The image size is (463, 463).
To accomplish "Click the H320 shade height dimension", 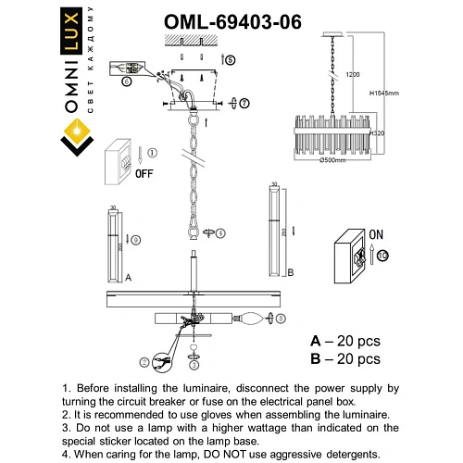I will click(x=376, y=134).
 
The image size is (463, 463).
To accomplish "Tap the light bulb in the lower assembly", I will click(x=251, y=319).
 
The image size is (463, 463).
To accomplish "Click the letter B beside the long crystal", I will click(x=291, y=273).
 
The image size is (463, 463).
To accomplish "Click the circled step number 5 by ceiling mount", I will click(x=231, y=58).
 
